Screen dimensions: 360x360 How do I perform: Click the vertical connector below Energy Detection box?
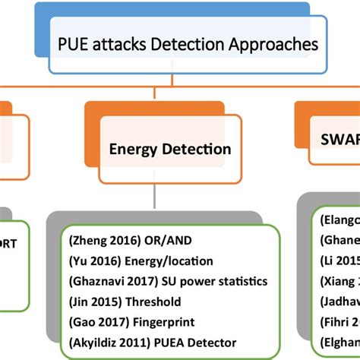pos(156,196)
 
